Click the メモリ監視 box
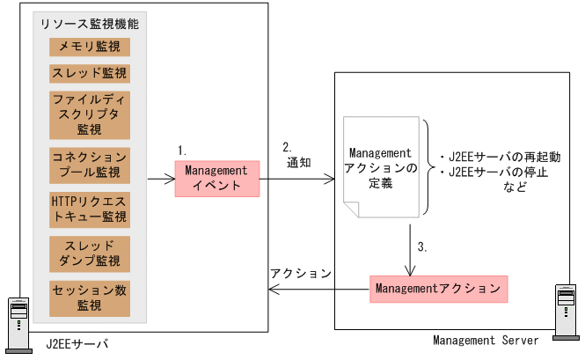(x=89, y=46)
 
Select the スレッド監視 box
(x=89, y=72)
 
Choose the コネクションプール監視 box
(x=89, y=162)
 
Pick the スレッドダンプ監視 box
(x=89, y=253)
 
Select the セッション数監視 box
(x=89, y=297)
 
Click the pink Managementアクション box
(x=438, y=288)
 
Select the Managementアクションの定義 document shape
(x=381, y=168)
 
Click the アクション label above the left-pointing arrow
(x=300, y=274)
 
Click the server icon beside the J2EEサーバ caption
(x=18, y=320)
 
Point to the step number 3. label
(x=421, y=247)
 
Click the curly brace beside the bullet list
(x=426, y=167)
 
